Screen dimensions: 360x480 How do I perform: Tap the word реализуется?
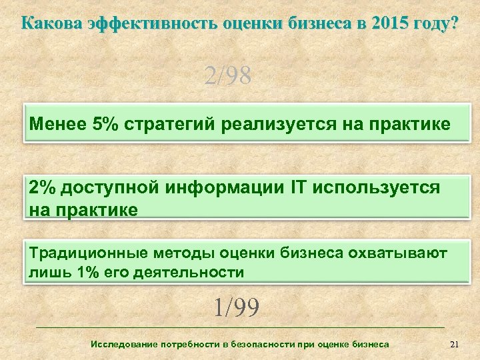(281, 125)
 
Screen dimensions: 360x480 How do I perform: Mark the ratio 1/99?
(236, 308)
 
